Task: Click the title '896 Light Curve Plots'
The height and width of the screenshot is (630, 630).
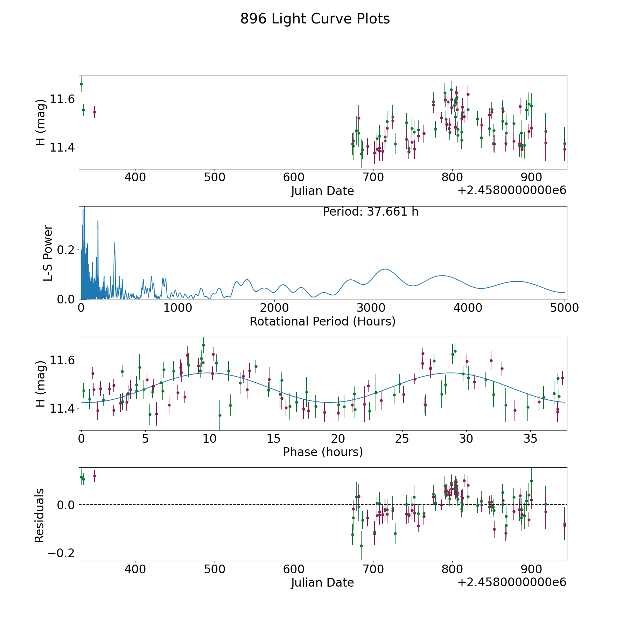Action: (x=315, y=19)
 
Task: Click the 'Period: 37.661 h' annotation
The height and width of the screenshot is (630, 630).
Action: (x=370, y=212)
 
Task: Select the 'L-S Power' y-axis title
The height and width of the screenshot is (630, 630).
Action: (x=48, y=253)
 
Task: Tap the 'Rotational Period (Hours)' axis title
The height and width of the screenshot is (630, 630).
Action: (x=322, y=321)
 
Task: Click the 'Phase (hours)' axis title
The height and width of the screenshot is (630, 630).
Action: (x=323, y=452)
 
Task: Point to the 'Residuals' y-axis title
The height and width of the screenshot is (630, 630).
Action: (x=40, y=515)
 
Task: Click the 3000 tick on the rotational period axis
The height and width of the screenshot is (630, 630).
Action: (x=371, y=308)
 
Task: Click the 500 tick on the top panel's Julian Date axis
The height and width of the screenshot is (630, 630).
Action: (x=214, y=177)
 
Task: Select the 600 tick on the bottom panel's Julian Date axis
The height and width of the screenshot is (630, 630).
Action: (x=294, y=569)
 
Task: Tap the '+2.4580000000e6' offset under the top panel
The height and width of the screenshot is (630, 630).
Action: (x=512, y=191)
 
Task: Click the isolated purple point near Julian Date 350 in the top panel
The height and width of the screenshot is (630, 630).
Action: (x=94, y=112)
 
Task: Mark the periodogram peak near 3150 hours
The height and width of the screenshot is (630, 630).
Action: (x=385, y=269)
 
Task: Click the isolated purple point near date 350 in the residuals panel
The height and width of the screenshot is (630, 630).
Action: (x=94, y=476)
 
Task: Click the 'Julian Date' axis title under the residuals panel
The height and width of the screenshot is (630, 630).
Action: (x=322, y=582)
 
